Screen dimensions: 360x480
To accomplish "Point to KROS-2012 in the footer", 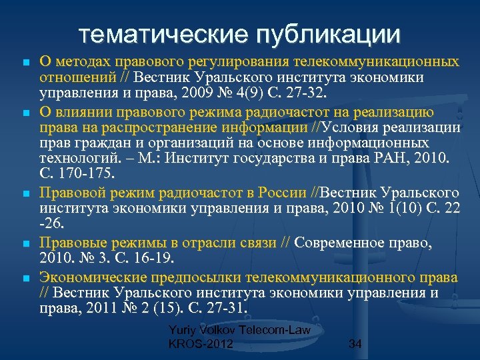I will [x=201, y=344].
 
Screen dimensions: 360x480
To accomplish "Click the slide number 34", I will [x=355, y=344].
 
